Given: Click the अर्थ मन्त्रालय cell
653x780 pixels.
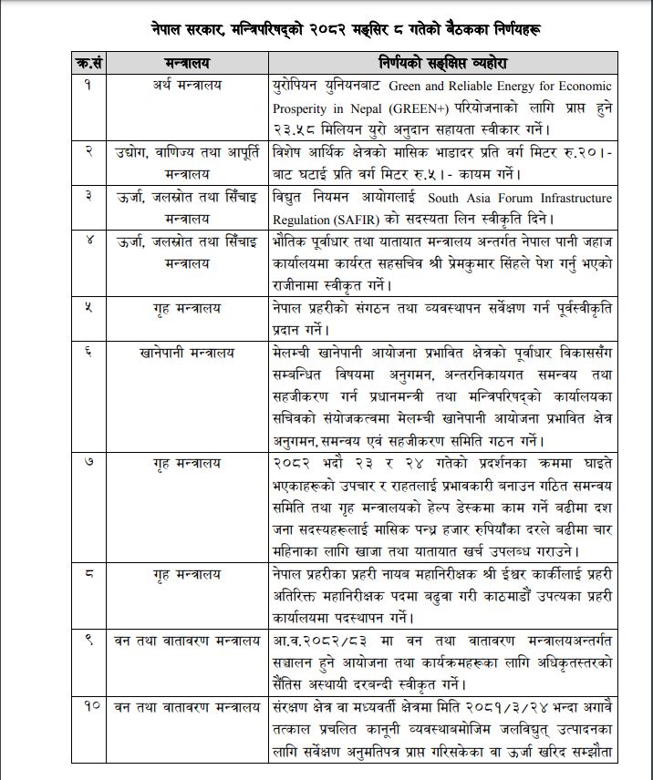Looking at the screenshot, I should tap(188, 86).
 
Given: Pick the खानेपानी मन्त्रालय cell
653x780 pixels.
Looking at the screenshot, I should tap(188, 352).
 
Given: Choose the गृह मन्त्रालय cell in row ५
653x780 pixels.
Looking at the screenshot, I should tap(188, 308).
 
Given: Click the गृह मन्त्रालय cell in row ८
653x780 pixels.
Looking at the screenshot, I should tap(188, 574).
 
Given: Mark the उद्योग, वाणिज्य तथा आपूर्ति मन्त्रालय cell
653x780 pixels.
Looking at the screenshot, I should tap(188, 160).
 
